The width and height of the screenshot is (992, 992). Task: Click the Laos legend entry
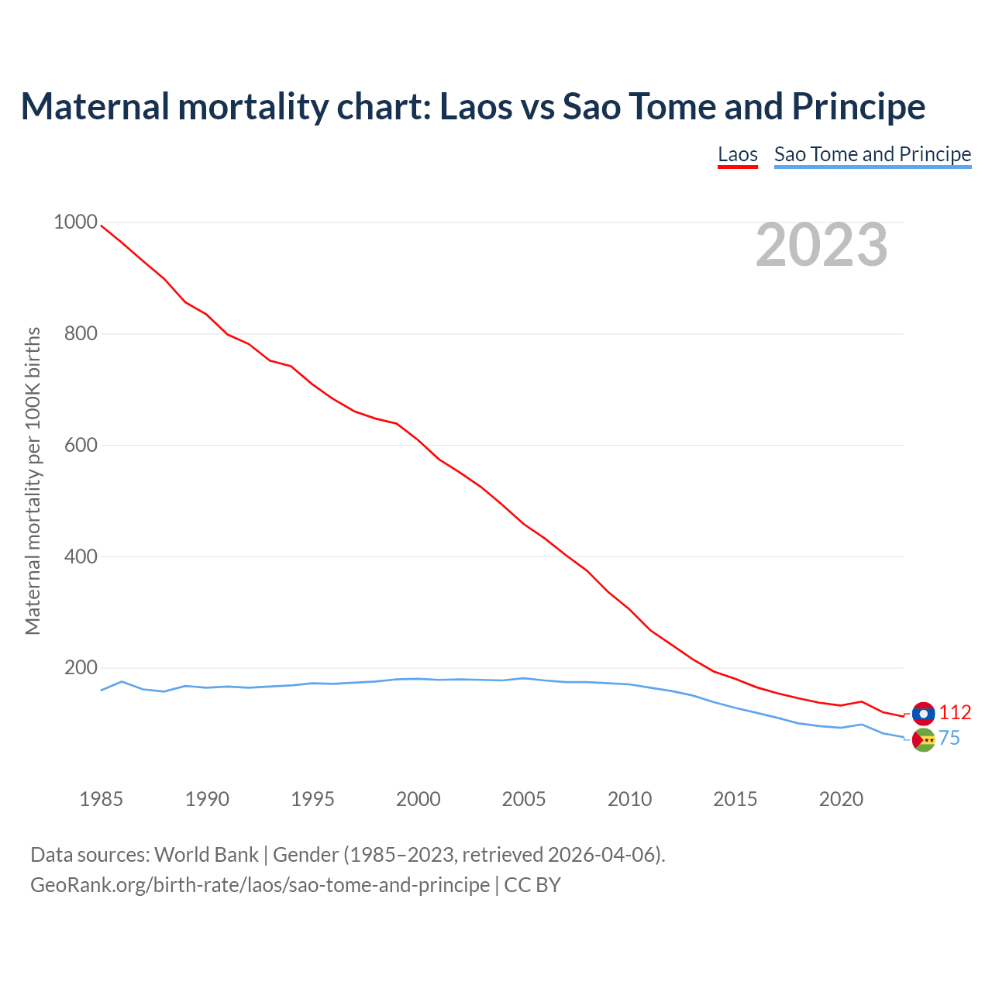tap(737, 154)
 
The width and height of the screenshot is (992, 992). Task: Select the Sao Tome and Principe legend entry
tap(872, 154)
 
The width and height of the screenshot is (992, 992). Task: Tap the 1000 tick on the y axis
tap(75, 222)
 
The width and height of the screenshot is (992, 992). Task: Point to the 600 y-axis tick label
tap(81, 445)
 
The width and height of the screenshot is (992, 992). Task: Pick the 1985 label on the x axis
tap(102, 799)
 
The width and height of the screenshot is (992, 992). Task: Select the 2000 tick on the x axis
tap(418, 799)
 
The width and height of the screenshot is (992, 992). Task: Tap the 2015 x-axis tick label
tap(735, 799)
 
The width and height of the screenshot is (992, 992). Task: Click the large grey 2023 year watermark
tap(821, 245)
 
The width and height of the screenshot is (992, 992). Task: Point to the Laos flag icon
tap(923, 713)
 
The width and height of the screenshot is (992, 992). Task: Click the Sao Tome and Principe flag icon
tap(923, 740)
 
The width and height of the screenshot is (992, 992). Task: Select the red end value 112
tap(955, 713)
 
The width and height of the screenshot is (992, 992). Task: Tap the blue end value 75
tap(949, 739)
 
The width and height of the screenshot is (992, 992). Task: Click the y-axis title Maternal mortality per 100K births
tap(33, 480)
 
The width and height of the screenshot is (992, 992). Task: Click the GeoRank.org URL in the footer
tap(260, 885)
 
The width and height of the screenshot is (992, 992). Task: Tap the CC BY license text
tap(532, 885)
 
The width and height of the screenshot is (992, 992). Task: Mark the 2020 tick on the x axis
tap(841, 799)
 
